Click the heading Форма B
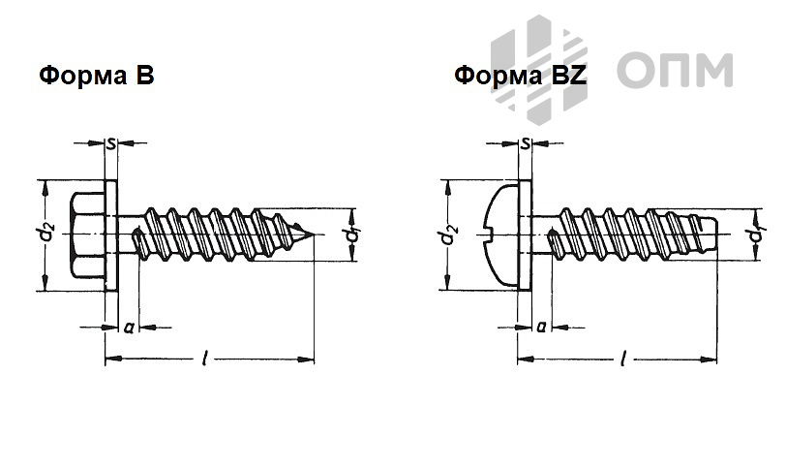click(97, 76)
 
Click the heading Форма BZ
click(521, 76)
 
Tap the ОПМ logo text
click(674, 70)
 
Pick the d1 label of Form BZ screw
click(755, 235)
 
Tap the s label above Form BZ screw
click(525, 144)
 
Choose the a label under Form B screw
click(128, 328)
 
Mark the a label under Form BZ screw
click(541, 328)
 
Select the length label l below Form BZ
click(620, 360)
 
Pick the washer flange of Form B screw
click(111, 234)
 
